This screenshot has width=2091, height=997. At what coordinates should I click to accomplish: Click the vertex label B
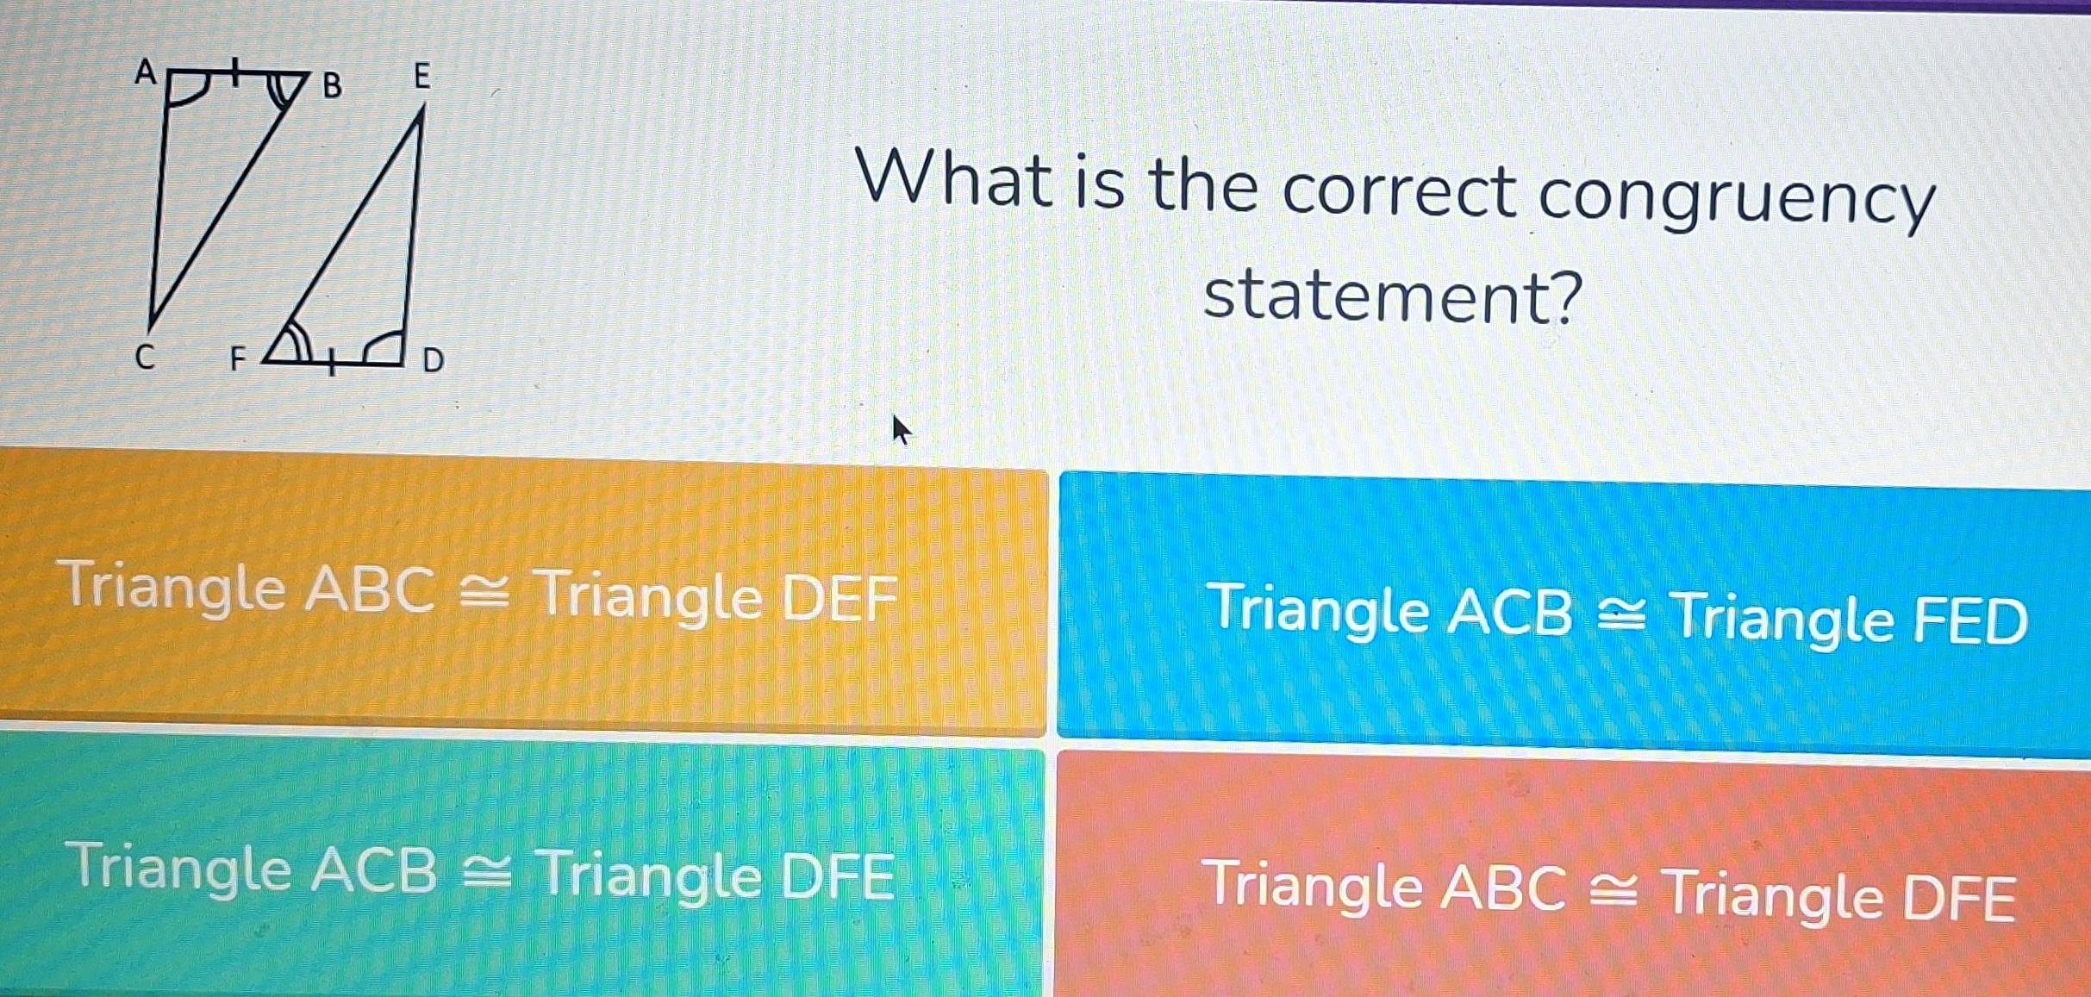pos(332,86)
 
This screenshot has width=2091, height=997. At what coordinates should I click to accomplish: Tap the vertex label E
pos(421,77)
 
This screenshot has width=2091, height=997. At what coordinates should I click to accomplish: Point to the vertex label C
pos(146,357)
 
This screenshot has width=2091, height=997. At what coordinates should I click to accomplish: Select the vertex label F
pos(237,358)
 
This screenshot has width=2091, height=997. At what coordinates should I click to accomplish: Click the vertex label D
pos(434,360)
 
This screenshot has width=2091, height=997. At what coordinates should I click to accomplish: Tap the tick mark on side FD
pos(330,365)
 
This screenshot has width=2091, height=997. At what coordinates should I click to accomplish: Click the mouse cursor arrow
pos(900,429)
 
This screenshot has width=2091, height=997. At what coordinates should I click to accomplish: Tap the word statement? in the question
pos(1393,297)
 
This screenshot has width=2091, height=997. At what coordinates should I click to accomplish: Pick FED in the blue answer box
pos(1970,620)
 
